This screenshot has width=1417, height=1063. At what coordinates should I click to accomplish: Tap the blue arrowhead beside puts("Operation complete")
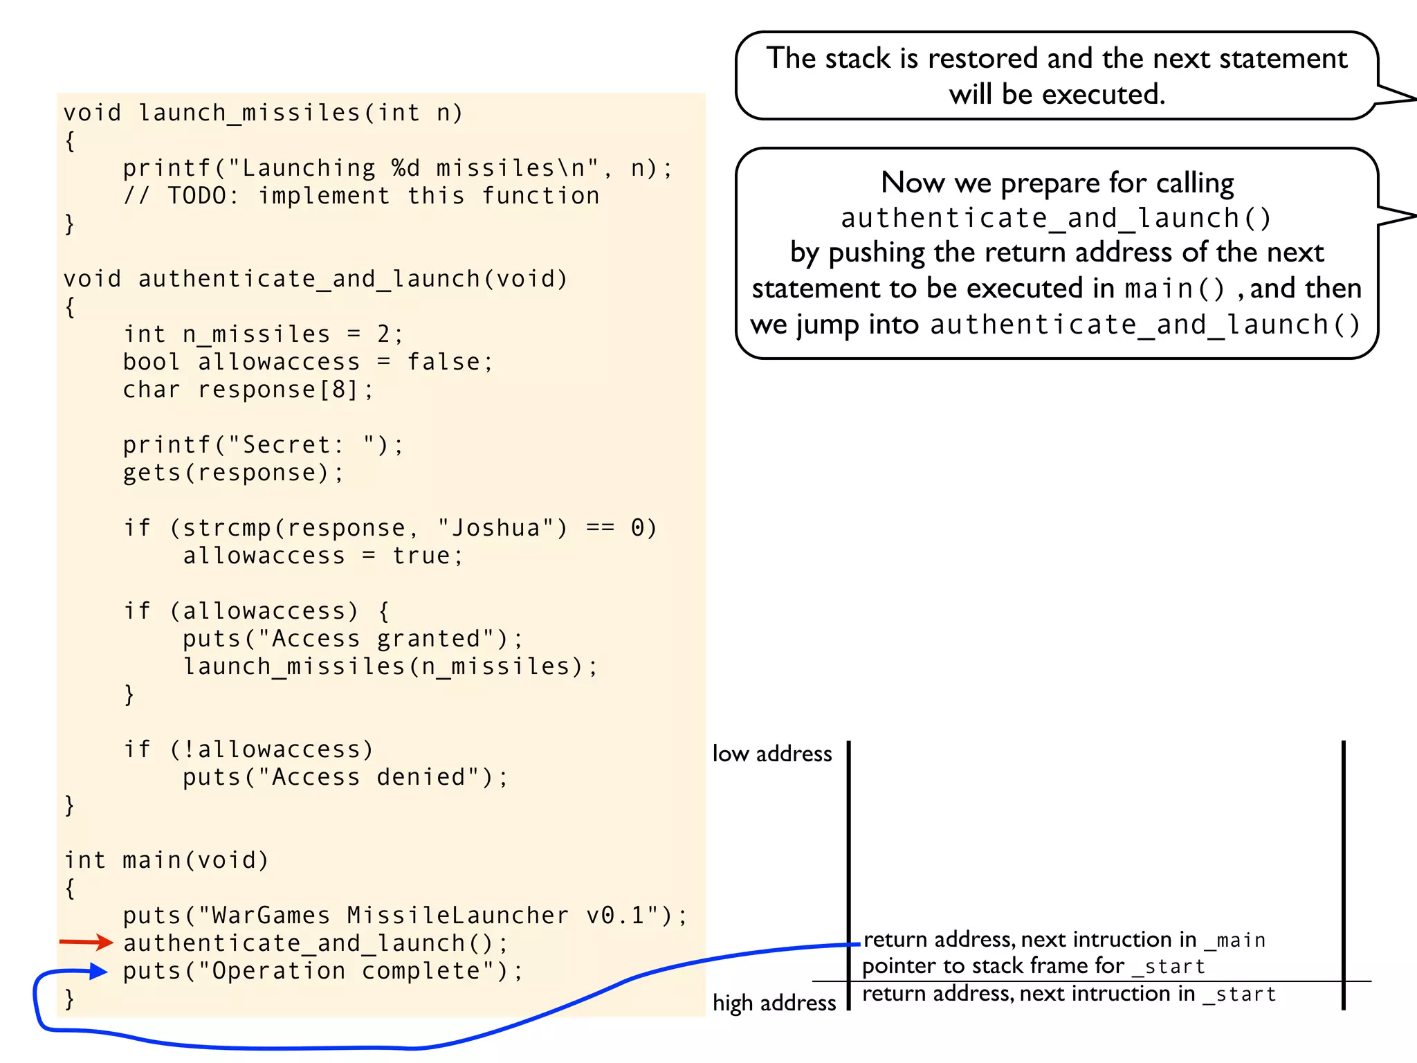[98, 972]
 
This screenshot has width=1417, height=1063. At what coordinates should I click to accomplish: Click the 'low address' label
[771, 754]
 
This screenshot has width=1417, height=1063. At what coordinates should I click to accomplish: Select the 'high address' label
[774, 1003]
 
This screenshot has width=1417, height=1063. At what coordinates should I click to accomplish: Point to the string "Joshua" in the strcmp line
[502, 528]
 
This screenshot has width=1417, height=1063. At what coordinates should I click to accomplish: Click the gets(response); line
[233, 473]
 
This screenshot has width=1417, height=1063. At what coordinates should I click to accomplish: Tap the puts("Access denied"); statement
[345, 777]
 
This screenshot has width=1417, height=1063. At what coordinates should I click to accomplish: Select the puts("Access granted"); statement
[353, 639]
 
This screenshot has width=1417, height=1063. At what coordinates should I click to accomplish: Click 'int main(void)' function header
[166, 860]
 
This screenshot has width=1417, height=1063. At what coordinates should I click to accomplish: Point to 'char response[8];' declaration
[248, 390]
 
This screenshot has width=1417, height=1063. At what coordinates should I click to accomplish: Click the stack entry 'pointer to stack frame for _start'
[1034, 966]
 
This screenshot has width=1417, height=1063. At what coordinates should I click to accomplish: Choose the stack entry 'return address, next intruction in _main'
[1064, 940]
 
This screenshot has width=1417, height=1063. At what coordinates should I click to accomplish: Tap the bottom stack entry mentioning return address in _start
[1068, 994]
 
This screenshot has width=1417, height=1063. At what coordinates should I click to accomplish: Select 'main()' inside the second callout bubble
[1175, 289]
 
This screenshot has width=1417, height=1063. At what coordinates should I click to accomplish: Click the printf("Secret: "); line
[263, 445]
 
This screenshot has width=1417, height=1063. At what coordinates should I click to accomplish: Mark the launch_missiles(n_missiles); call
[390, 666]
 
